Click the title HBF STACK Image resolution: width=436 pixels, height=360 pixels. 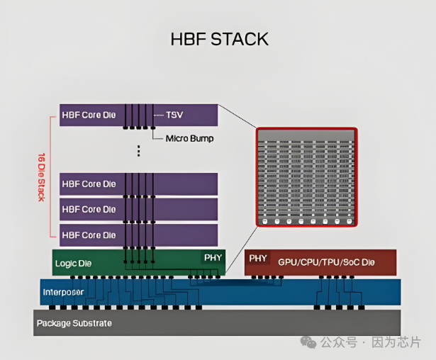point(220,38)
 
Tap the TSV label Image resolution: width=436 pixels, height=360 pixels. point(174,114)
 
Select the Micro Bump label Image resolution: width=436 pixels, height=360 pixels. point(189,138)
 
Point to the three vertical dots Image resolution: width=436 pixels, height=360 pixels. point(139,151)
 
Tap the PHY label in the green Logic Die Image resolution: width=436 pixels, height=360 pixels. point(213,257)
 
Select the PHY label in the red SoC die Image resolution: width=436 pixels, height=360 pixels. point(258,259)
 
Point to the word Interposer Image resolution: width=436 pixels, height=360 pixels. point(65,292)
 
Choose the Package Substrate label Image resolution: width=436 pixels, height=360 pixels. point(74,323)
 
